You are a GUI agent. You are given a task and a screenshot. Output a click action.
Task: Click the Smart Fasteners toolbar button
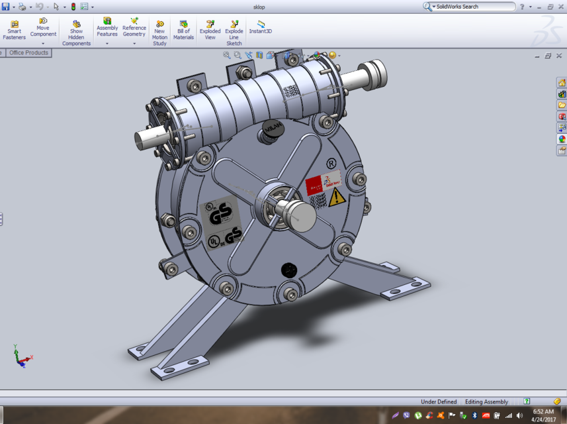point(14,30)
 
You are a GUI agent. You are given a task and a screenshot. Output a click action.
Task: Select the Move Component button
point(43,28)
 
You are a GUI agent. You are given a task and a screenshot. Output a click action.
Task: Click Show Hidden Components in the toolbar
point(77,33)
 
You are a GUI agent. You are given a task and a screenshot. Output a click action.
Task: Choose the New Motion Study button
point(159,33)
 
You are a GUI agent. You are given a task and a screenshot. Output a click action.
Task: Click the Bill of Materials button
point(183,30)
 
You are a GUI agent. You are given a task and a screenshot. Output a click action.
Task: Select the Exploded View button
point(210,30)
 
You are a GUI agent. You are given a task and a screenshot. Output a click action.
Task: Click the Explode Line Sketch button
point(234,33)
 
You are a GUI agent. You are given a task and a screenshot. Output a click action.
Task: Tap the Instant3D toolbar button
point(260,27)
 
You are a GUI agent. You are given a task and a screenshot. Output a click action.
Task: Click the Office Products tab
point(28,53)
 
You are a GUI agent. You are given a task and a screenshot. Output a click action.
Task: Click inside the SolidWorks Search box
point(473,7)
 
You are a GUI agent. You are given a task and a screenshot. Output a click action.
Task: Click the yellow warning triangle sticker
point(337,196)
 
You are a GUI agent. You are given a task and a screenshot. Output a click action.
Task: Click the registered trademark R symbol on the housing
point(331,163)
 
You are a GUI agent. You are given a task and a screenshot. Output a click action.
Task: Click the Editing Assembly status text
point(486,401)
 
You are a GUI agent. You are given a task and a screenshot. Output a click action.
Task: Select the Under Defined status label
point(439,401)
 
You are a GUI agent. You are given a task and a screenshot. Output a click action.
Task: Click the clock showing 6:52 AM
point(543,411)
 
